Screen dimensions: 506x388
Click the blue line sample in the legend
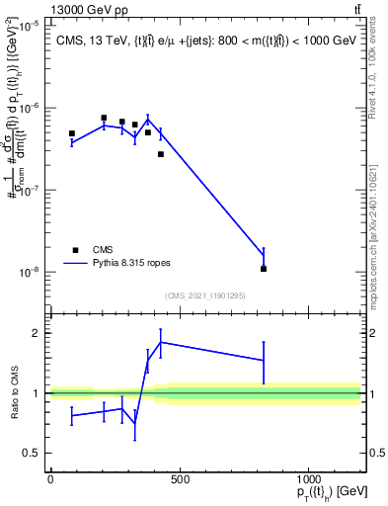click(x=75, y=264)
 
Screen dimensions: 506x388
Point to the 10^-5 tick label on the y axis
click(x=28, y=26)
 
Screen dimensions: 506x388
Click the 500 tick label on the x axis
click(x=179, y=479)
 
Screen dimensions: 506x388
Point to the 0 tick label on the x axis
click(x=50, y=479)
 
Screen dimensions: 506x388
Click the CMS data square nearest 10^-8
click(x=264, y=269)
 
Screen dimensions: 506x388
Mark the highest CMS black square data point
click(x=104, y=118)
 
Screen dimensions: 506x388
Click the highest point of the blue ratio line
click(x=161, y=342)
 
